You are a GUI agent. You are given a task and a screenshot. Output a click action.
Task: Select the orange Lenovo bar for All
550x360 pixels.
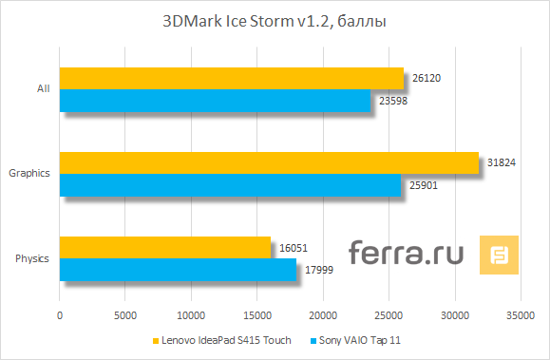[232, 78]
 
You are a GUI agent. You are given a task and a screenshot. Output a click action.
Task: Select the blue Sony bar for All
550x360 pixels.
[216, 101]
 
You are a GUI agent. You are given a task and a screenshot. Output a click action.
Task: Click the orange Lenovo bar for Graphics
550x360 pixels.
[269, 162]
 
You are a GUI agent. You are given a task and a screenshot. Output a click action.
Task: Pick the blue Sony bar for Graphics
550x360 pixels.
[231, 185]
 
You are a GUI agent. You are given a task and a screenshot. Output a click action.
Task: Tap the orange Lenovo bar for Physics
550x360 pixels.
[165, 247]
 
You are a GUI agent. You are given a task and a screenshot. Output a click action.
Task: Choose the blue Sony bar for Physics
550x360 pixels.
[178, 270]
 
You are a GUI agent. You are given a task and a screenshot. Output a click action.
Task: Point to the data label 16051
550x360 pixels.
[294, 248]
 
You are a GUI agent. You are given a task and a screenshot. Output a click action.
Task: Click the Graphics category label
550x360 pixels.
[28, 174]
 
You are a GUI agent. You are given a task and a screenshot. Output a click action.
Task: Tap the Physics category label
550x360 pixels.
[32, 258]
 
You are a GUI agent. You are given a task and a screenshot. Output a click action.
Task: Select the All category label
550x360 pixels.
[43, 89]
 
